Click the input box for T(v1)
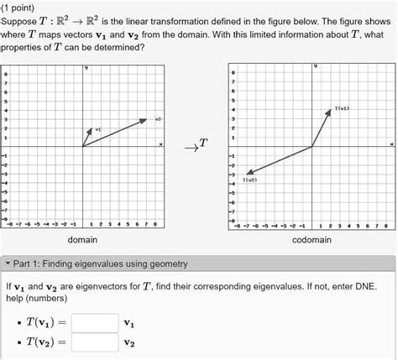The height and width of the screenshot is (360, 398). pos(94,322)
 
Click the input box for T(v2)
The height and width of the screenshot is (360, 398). pos(94,342)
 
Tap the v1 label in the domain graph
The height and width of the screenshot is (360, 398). pos(97,128)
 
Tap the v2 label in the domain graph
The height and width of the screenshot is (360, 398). pos(157,118)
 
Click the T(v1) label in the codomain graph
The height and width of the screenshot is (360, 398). pos(342,109)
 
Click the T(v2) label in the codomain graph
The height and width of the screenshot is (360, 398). pos(249,180)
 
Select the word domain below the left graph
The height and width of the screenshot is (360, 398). pos(84,240)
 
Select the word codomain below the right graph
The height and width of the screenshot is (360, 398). pos(312,240)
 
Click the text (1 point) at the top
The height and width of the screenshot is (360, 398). pos(23,7)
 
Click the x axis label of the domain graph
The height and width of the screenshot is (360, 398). pos(160,143)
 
